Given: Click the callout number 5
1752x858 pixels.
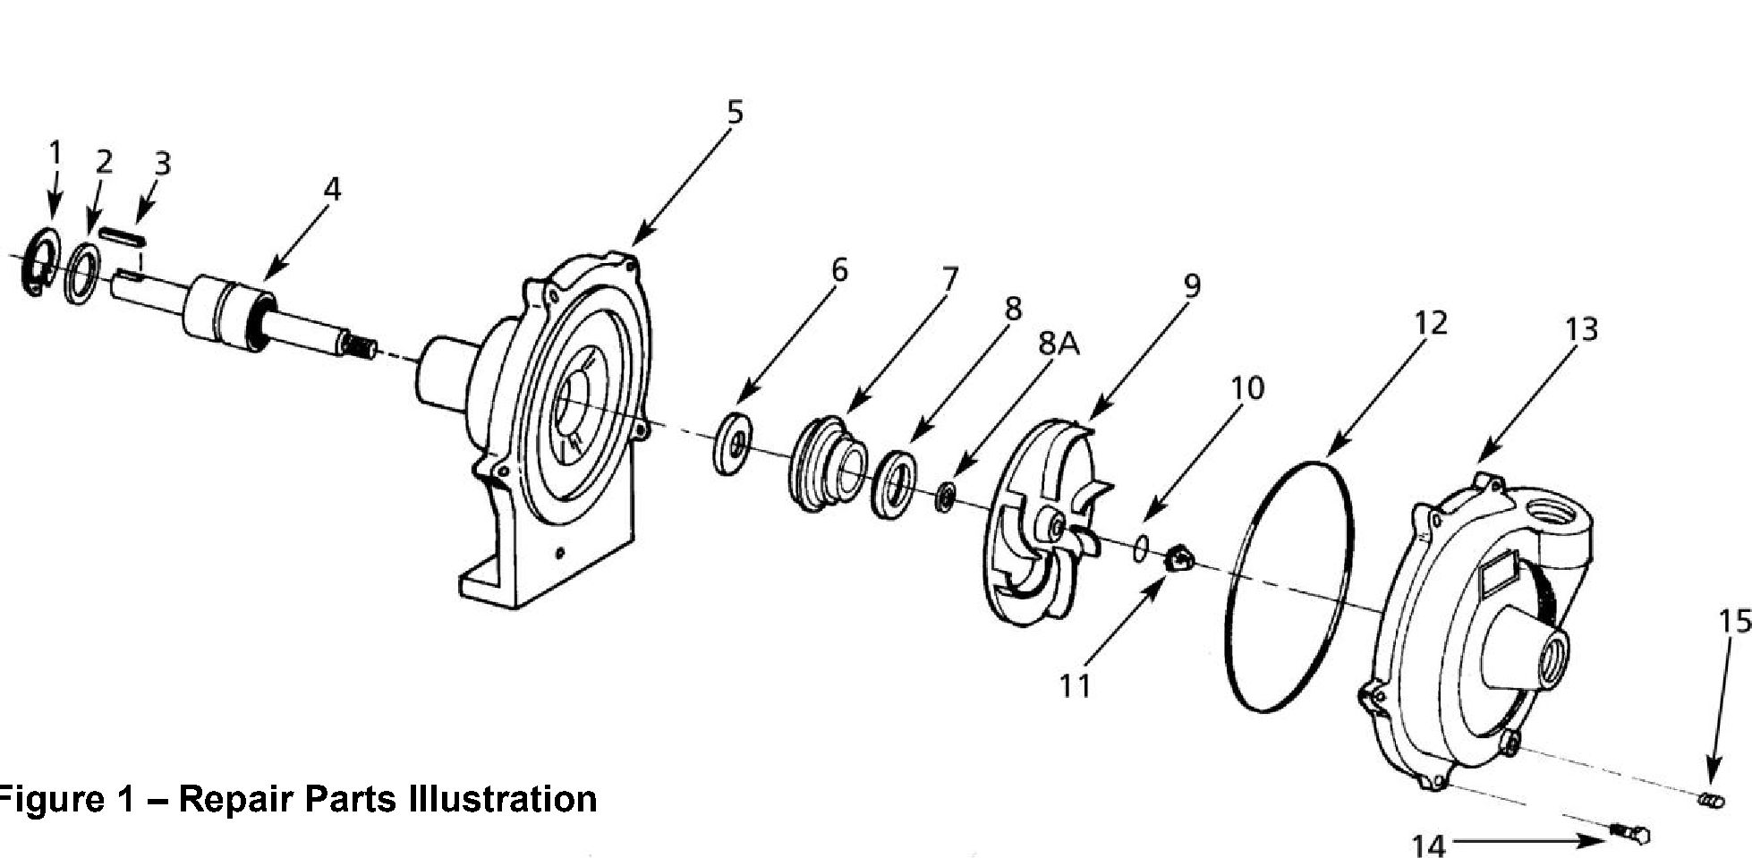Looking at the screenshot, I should pos(734,113).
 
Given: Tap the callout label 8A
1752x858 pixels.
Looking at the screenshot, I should pos(1059,344).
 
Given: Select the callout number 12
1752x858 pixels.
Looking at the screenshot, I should pos(1430,323).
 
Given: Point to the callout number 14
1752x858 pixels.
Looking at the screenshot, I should pos(1428,843).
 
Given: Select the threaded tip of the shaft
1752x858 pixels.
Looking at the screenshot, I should pos(361,345).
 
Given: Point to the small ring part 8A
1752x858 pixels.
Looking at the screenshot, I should pos(944,497).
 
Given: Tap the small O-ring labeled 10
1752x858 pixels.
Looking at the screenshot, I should pos(1141,547).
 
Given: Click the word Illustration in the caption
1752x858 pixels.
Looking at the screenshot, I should pos(501,798).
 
